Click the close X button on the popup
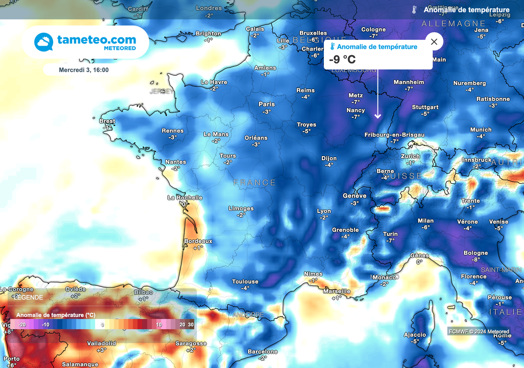(x=434, y=42)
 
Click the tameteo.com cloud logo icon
(x=44, y=42)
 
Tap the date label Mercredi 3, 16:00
(x=83, y=70)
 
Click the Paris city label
(x=267, y=104)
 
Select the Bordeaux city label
(x=198, y=241)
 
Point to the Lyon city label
(x=324, y=211)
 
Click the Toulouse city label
(x=245, y=282)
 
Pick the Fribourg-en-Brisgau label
(x=394, y=135)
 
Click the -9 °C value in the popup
(x=342, y=59)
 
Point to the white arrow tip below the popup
(x=378, y=117)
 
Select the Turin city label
(x=390, y=234)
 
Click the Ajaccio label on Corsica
(x=414, y=335)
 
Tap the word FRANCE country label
(x=254, y=183)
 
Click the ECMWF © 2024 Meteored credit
(x=478, y=332)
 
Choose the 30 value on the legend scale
(x=190, y=324)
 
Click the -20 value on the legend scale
(x=22, y=324)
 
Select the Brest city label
(x=107, y=121)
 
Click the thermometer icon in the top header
(x=414, y=10)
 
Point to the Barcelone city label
(x=263, y=352)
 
